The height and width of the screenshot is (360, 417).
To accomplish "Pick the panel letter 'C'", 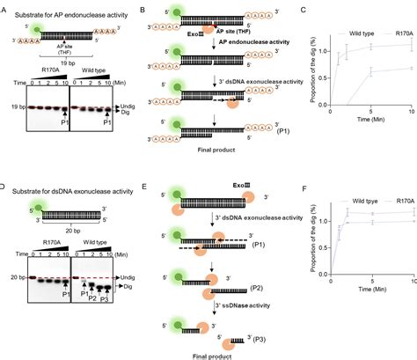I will (301, 7).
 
